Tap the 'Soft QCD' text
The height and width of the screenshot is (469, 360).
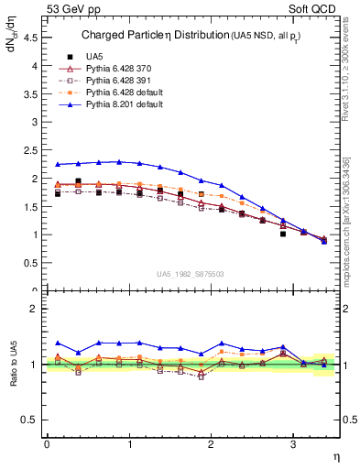click(x=312, y=10)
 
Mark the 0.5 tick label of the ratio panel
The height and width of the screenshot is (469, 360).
click(x=34, y=420)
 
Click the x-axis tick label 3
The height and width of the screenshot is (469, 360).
click(x=293, y=444)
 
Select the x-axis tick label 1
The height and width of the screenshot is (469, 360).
click(x=128, y=444)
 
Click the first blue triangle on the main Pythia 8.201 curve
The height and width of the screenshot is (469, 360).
click(x=57, y=165)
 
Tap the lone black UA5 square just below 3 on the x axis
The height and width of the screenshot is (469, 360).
click(x=283, y=234)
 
